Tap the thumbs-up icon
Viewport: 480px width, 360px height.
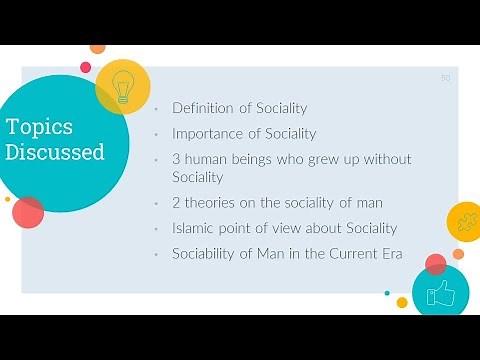click(x=440, y=293)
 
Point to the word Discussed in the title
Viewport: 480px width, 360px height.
click(x=55, y=153)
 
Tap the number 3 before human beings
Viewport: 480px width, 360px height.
click(x=176, y=159)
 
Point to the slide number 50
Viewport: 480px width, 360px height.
click(x=445, y=77)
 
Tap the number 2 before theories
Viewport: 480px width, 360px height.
click(x=176, y=203)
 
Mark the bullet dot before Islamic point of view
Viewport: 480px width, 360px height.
click(x=157, y=229)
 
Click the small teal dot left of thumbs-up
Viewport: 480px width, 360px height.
click(x=387, y=293)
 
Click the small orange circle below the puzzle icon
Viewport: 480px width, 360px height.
click(x=458, y=253)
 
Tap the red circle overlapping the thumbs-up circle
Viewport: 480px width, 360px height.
click(x=435, y=264)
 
